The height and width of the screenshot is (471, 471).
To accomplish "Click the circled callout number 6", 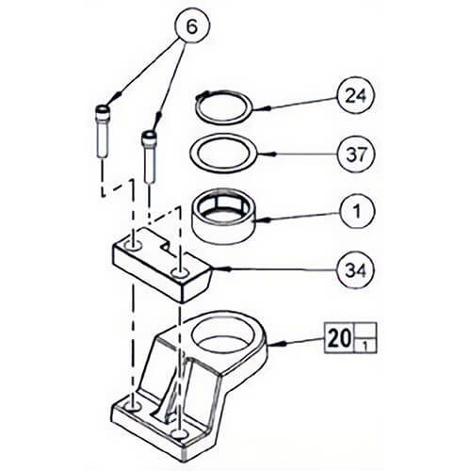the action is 192,26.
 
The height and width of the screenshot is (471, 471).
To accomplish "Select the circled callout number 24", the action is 356,95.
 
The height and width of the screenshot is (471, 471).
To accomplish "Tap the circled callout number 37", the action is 356,154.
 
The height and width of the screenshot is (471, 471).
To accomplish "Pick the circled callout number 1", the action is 357,211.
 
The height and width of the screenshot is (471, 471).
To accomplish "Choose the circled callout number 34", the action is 356,269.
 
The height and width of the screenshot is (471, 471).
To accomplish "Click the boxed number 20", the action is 339,338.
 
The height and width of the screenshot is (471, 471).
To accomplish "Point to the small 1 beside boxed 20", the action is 365,347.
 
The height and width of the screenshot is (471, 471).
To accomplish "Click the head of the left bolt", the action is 103,110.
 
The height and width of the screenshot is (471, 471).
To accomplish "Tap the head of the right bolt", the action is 149,137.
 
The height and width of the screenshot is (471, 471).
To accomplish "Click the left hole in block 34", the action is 133,246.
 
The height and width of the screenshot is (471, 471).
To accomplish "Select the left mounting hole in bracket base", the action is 132,407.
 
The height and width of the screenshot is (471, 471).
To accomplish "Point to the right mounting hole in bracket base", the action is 179,434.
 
